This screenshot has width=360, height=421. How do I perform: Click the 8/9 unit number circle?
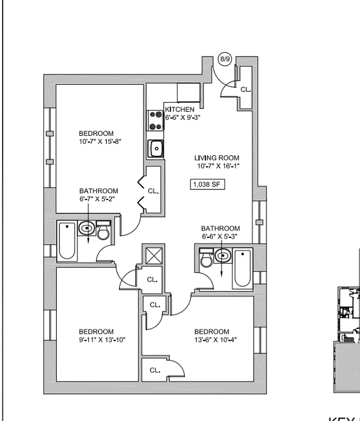[x=225, y=59]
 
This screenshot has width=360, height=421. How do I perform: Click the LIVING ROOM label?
[x=216, y=158]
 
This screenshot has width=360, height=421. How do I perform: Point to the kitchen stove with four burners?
[x=156, y=120]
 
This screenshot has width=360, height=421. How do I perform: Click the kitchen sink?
[x=156, y=149]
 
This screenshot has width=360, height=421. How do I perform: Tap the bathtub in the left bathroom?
[x=67, y=241]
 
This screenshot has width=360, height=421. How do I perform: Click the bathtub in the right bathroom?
[x=243, y=268]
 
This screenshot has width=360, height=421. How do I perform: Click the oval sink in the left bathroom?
[x=87, y=229]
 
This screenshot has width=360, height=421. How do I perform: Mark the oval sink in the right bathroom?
[x=223, y=257]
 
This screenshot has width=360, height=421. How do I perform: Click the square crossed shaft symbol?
[x=155, y=256]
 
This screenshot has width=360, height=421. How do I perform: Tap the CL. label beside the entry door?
[x=246, y=89]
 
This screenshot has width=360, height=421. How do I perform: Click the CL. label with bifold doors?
[x=153, y=191]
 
